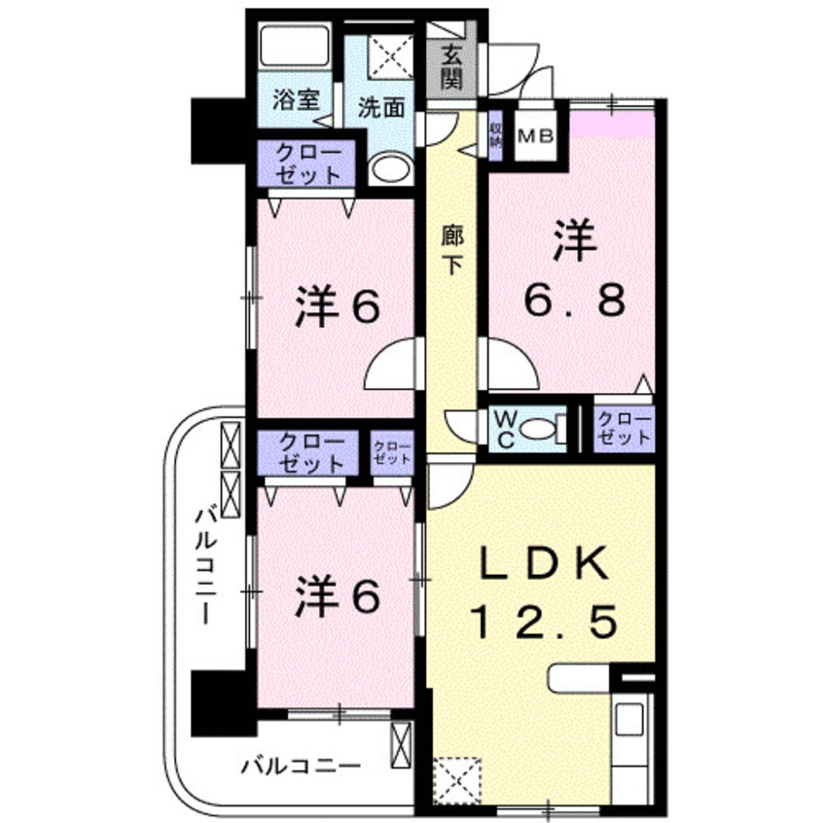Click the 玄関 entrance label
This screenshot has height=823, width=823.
[450, 67]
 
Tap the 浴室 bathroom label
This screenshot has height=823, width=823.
[293, 99]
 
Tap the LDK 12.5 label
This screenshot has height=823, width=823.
[545, 593]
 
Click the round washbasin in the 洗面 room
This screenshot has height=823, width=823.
[391, 169]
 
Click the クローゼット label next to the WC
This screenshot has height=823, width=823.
[624, 428]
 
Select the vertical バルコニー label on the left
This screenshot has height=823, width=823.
[207, 564]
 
